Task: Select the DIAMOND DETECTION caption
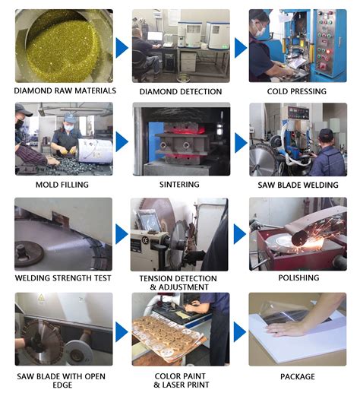coord(181,91)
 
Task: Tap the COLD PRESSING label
coord(297,91)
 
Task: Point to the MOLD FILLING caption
coord(62,185)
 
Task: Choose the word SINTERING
coord(180,185)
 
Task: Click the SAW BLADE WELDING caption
coord(297,185)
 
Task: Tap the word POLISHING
coord(297,279)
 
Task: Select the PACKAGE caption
coord(297,376)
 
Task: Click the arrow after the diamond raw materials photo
coord(122,47)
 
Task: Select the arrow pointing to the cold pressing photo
coord(240,47)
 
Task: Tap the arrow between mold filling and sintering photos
coord(122,142)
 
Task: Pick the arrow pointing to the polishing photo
coord(240,234)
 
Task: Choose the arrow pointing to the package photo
coord(240,331)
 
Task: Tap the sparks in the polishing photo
coord(311,228)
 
